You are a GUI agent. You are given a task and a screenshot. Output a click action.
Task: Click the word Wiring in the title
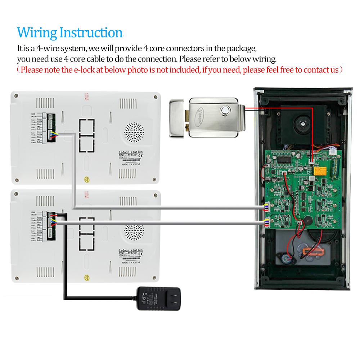(x=37, y=33)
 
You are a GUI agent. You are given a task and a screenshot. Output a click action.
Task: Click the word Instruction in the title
(x=91, y=33)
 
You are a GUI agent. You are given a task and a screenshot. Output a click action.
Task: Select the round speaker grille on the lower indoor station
(x=134, y=234)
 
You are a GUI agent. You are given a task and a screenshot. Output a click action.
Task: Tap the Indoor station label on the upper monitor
(x=131, y=152)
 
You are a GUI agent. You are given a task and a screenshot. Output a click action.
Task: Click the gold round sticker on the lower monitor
(x=87, y=278)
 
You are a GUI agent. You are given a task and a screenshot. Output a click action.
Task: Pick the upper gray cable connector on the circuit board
(x=267, y=207)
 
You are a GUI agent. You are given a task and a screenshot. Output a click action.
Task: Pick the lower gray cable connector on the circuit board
(x=267, y=222)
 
